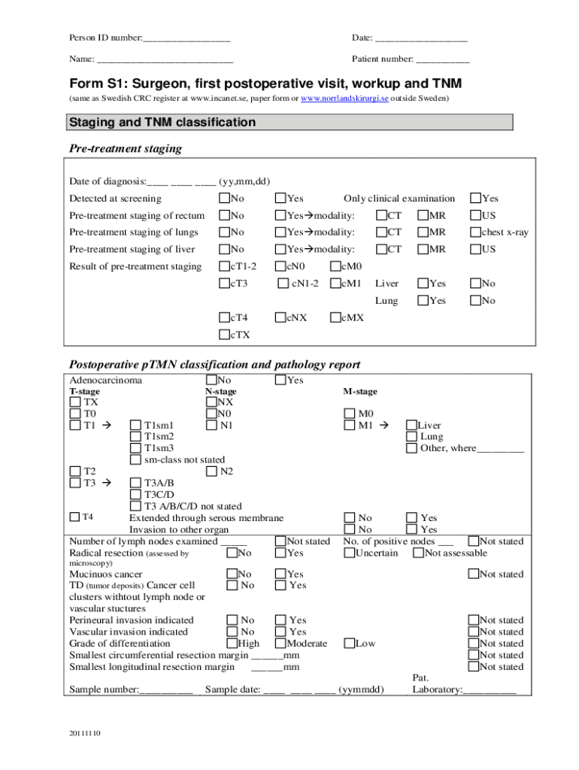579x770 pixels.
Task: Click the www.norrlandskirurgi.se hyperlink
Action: tap(344, 99)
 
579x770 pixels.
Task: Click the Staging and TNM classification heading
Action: tap(162, 123)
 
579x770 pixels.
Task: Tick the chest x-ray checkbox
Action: tap(475, 232)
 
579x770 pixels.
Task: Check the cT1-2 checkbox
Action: tap(224, 266)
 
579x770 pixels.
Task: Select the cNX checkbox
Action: tap(280, 317)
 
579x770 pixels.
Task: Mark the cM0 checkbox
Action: tap(335, 266)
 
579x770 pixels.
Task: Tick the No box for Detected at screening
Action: tap(224, 199)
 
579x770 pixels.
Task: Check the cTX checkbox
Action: tap(224, 335)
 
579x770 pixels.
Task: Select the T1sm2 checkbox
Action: tap(135, 437)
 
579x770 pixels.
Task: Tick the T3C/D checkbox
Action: tap(135, 495)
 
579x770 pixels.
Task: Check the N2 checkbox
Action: tap(211, 471)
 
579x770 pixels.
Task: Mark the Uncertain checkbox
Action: tap(349, 553)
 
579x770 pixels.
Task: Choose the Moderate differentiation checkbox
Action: tap(280, 644)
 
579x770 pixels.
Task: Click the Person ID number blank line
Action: tap(186, 38)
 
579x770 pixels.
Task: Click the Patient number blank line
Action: tap(443, 59)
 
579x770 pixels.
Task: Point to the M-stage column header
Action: tap(360, 392)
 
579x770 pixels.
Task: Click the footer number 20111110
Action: tap(85, 733)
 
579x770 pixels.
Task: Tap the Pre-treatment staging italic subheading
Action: tap(126, 148)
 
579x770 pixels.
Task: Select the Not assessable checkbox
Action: tap(417, 553)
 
